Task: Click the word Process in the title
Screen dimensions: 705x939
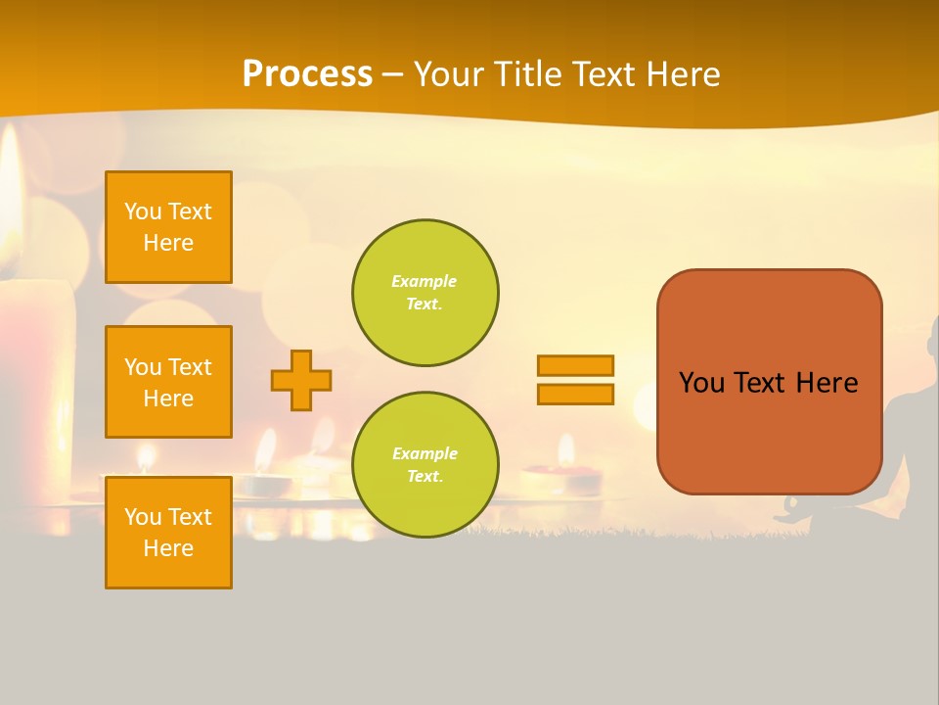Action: click(307, 74)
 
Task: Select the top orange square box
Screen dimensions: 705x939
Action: click(168, 227)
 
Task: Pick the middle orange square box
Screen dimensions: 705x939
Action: click(168, 382)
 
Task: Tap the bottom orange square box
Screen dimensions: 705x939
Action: click(168, 533)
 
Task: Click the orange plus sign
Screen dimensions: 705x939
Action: click(301, 380)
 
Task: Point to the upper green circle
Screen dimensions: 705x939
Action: click(425, 293)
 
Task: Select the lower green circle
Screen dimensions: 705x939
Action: click(425, 465)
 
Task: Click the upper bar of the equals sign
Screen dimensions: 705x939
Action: click(575, 366)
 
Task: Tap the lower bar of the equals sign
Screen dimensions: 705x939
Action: click(575, 394)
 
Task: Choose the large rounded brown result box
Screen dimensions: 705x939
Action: click(769, 382)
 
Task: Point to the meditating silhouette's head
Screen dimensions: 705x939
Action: click(931, 338)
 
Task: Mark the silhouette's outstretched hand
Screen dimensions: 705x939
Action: click(790, 509)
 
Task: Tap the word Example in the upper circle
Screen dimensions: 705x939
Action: click(425, 282)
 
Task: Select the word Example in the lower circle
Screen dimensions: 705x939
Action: click(425, 454)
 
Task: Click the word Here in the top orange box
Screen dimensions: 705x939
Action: click(168, 243)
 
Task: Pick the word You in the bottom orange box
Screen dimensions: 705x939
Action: click(143, 517)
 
